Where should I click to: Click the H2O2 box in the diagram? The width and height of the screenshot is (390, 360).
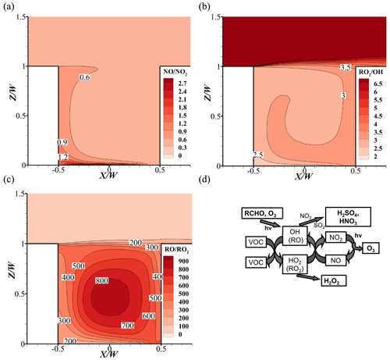tap(334, 281)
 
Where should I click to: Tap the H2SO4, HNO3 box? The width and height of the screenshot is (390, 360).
tap(348, 217)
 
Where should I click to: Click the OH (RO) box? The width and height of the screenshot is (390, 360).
tap(295, 236)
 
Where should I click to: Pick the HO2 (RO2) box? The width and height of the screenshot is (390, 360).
tap(295, 264)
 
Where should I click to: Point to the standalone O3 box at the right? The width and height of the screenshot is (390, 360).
tap(370, 248)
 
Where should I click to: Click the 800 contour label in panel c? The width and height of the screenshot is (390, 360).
tap(101, 280)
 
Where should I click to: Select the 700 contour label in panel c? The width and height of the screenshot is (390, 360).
tap(128, 325)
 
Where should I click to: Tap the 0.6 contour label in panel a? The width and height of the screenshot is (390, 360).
tap(84, 77)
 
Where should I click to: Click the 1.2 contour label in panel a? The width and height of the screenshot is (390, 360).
tap(63, 157)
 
